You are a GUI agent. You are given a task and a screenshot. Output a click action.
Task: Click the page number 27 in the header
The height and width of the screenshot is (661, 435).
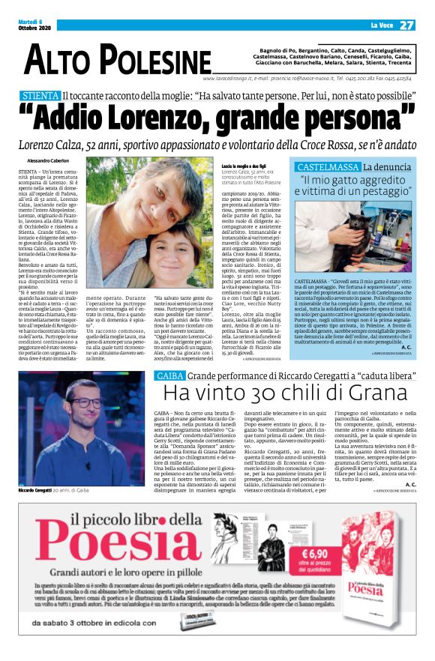pyautogui.click(x=406, y=25)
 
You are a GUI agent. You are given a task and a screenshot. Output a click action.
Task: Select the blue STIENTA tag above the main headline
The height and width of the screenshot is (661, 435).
pyautogui.click(x=40, y=96)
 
